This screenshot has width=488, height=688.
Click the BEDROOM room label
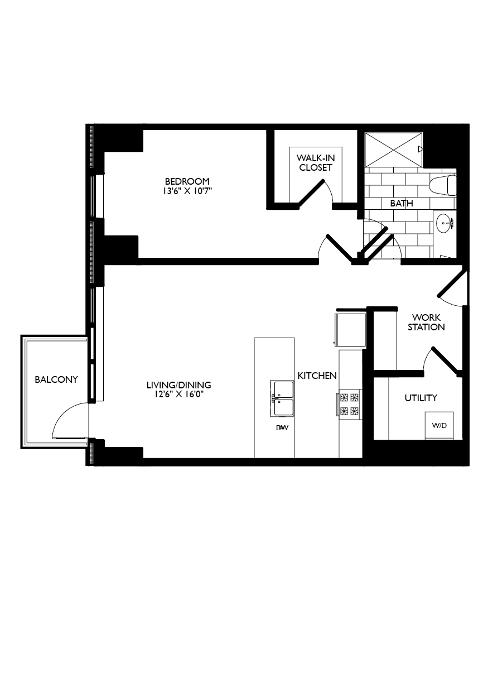tap(187, 181)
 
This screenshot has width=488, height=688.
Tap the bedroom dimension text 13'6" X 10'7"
tap(187, 191)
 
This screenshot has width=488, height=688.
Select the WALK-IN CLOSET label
tap(316, 162)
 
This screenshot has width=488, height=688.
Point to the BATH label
tap(401, 203)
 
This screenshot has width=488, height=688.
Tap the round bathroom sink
tap(444, 223)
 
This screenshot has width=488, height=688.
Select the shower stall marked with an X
tap(393, 149)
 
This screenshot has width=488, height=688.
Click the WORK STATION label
tap(426, 322)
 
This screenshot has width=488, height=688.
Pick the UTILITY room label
tap(421, 398)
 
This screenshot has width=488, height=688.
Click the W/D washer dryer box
tap(439, 425)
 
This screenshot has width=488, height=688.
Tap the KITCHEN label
tap(317, 376)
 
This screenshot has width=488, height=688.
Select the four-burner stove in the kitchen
tap(349, 405)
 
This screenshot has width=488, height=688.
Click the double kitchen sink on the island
tap(282, 398)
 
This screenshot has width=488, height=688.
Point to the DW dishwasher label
tap(282, 428)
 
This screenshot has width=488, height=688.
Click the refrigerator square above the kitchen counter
tap(350, 329)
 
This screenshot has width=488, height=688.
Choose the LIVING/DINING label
tap(178, 385)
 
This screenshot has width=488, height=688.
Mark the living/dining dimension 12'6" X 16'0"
tap(178, 394)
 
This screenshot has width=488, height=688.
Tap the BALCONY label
tap(56, 379)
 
